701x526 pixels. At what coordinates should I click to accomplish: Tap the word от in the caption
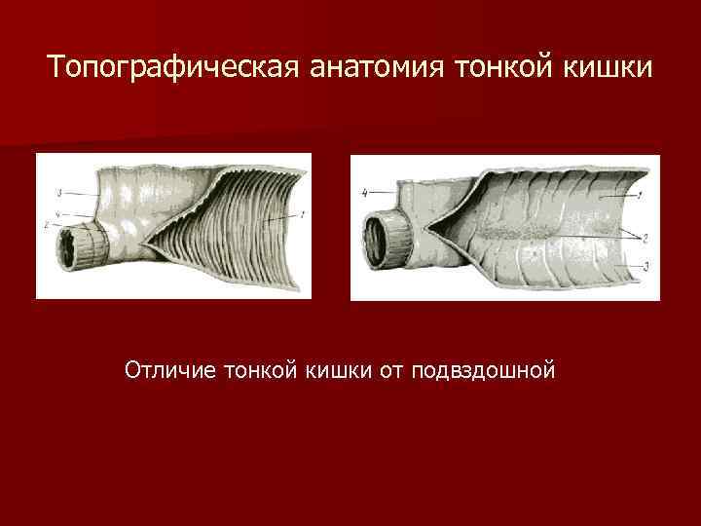(392, 370)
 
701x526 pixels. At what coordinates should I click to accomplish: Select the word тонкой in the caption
(259, 370)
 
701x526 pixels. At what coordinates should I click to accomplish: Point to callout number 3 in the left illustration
(60, 192)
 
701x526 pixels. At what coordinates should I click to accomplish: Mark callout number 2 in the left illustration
(47, 225)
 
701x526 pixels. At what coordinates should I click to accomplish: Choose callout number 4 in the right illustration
(364, 192)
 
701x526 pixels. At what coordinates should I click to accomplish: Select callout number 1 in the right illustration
(639, 195)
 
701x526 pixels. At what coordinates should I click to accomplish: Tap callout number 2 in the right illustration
(646, 237)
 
